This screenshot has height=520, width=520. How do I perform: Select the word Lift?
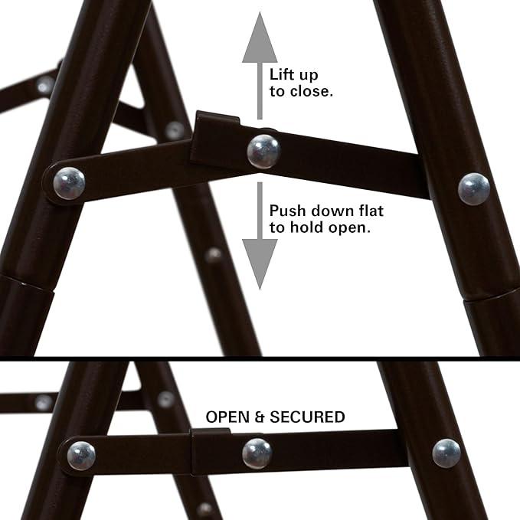(x=282, y=75)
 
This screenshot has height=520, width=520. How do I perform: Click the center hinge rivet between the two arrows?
(x=263, y=151)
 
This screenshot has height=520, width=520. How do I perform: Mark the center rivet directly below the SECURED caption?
(x=257, y=453)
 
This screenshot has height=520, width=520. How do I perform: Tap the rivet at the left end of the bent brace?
(x=69, y=183)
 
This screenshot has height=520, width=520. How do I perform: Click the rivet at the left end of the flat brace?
(x=81, y=456)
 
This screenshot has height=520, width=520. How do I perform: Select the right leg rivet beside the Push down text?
(x=473, y=188)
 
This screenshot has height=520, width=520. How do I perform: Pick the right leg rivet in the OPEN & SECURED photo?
(x=446, y=453)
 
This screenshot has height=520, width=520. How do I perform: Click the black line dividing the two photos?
(x=260, y=358)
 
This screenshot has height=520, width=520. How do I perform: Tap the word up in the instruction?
(x=308, y=75)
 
